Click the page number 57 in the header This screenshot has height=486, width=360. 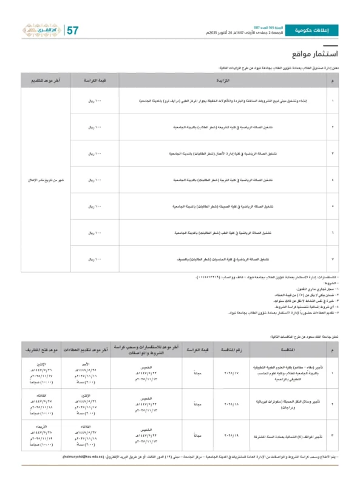[72, 30]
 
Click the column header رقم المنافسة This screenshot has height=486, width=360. [233, 351]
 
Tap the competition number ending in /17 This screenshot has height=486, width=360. [233, 372]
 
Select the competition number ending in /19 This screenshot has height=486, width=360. [233, 436]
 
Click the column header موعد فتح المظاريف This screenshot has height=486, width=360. [41, 351]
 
